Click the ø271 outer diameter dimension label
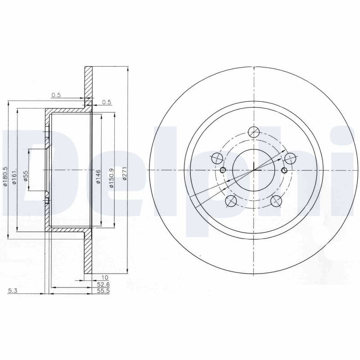pos(125,176)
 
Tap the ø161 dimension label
pos(14,177)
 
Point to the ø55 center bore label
pos(26,176)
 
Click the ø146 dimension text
pos(98,176)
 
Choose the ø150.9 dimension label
pos(112,178)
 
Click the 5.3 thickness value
pos(13,291)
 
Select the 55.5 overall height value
pos(103,291)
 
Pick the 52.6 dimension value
pos(103,284)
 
